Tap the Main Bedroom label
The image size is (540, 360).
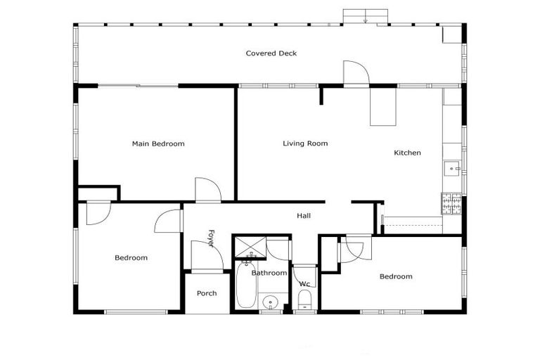[158, 144]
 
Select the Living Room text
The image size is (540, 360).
[305, 143]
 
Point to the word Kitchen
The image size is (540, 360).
[407, 153]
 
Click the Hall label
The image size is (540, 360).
[304, 216]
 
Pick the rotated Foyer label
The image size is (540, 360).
[211, 238]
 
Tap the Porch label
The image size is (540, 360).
[207, 293]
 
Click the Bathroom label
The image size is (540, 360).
[269, 273]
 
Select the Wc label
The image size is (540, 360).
[304, 284]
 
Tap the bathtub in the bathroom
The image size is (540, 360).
[245, 285]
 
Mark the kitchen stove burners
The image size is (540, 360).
[449, 204]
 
